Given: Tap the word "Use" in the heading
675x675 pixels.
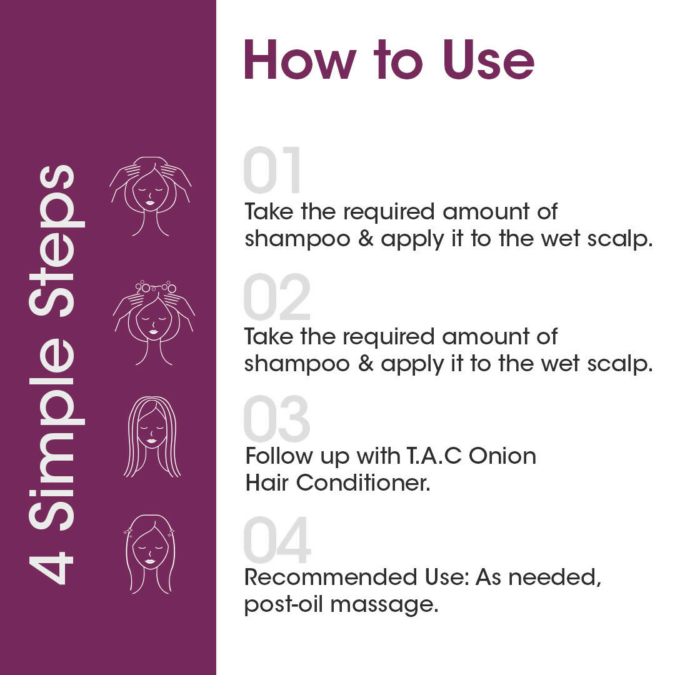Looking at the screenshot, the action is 489,60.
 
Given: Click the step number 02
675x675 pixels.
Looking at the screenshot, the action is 277,296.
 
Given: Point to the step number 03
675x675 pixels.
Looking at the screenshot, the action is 277,418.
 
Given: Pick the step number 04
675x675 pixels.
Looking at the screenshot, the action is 277,540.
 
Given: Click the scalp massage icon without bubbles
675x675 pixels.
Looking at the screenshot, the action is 150,196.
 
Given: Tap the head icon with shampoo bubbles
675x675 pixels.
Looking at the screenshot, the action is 154,323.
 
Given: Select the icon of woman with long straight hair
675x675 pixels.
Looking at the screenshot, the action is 152,436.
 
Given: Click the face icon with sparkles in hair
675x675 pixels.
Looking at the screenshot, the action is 150,554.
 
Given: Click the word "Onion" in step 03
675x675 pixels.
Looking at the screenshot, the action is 502,456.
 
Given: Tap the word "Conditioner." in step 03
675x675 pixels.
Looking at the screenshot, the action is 363,482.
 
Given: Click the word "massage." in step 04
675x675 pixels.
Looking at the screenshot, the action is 384,605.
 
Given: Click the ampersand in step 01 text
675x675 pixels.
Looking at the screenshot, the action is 366,239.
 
